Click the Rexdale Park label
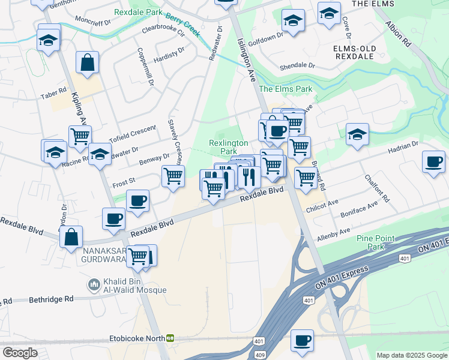(x=138, y=12)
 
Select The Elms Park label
(x=286, y=89)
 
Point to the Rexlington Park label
(x=228, y=147)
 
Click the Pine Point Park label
(x=375, y=242)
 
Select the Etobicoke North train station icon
(x=170, y=338)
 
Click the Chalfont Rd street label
(x=377, y=188)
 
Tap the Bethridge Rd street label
(x=53, y=298)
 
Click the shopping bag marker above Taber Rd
(x=88, y=62)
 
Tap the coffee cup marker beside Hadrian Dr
(x=433, y=161)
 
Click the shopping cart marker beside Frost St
(x=173, y=176)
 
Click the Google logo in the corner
(x=20, y=352)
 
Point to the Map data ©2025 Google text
(x=411, y=355)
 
